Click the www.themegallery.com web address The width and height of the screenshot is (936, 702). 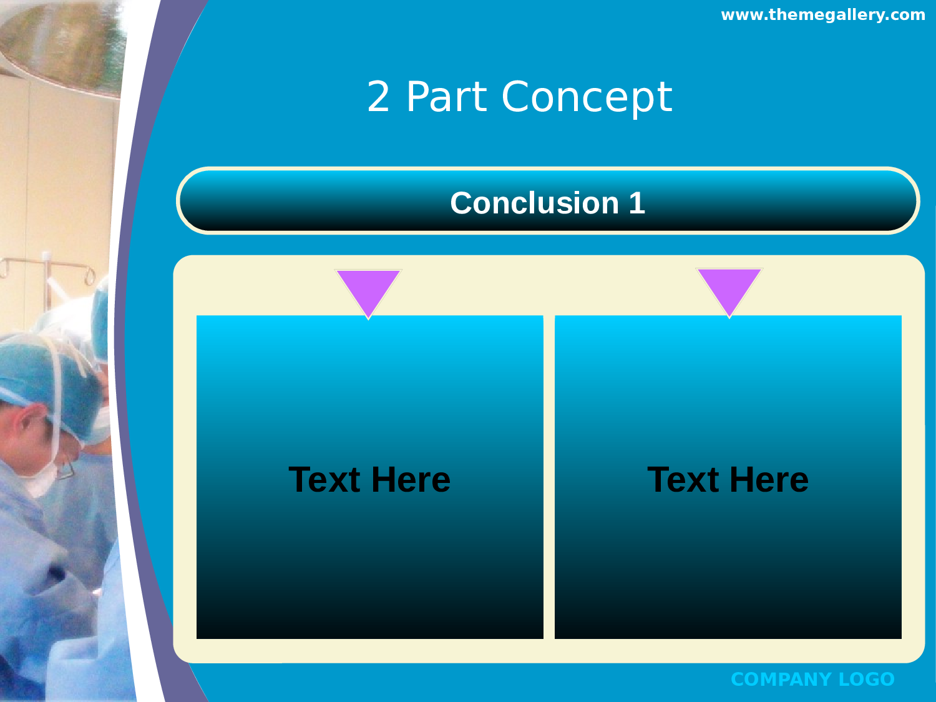823,16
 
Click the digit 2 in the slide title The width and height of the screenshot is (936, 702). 378,97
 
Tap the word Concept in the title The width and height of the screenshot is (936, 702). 587,99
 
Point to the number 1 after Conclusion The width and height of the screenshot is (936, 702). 636,203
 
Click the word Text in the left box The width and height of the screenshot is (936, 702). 324,479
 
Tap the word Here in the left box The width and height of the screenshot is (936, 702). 411,479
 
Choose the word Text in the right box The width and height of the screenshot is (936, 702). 683,479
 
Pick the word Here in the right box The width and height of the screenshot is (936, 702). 769,479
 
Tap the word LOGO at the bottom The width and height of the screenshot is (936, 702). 867,680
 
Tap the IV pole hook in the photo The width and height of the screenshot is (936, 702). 90,276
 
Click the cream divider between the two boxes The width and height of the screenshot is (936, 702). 548,477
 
